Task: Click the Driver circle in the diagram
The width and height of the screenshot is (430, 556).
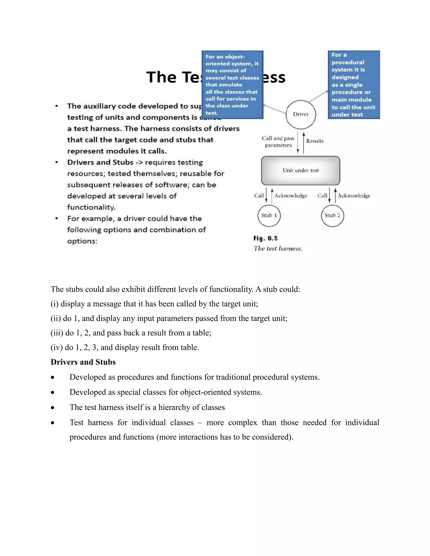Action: (x=301, y=114)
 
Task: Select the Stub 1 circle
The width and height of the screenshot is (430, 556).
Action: (x=269, y=215)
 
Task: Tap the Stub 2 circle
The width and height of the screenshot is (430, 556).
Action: (x=332, y=215)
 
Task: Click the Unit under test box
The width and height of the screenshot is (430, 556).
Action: (x=301, y=170)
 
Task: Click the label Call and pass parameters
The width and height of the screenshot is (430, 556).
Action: (x=278, y=142)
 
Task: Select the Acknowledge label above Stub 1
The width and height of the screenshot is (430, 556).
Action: (x=291, y=196)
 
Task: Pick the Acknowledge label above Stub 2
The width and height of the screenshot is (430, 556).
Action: (x=354, y=196)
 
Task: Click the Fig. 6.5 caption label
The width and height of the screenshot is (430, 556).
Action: (x=265, y=238)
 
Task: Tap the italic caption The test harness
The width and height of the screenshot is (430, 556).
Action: (x=278, y=248)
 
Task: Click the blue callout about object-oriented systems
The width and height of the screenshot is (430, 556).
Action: (x=232, y=85)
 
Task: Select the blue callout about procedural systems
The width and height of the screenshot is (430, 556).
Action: (x=354, y=85)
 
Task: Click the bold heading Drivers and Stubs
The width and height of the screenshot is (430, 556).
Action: (x=83, y=362)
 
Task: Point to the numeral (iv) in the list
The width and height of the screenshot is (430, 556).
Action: (x=56, y=347)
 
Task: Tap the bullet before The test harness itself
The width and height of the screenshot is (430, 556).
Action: (x=52, y=408)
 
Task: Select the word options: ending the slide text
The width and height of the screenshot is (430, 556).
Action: (x=82, y=241)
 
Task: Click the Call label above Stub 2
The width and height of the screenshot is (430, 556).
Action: (x=322, y=196)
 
